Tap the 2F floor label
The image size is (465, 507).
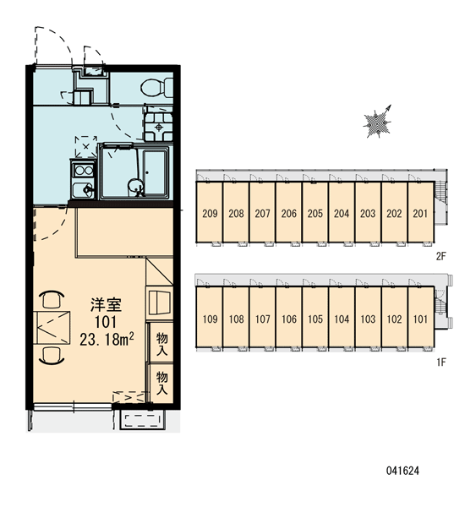440,257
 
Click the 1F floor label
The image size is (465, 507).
440,363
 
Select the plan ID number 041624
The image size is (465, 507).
402,471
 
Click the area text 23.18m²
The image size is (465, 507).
107,340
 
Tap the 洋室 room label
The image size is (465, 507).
107,304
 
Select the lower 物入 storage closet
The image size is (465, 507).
161,383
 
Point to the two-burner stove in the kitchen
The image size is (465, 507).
83,170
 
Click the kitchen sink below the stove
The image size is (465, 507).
83,190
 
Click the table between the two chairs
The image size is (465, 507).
52,327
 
